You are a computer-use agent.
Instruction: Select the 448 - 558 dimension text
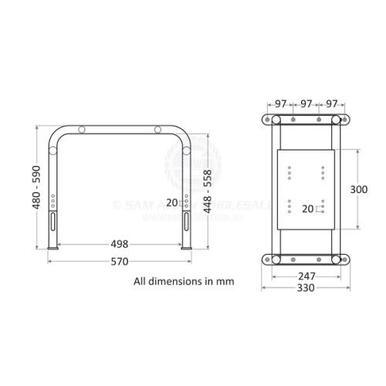tap(207, 191)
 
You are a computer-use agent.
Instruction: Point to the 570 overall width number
tap(119, 261)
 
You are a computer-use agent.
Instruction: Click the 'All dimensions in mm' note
tap(184, 281)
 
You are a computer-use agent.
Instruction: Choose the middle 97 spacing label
tap(306, 103)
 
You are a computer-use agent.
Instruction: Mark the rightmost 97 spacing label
tap(330, 103)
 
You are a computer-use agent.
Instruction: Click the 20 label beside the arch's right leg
tap(171, 202)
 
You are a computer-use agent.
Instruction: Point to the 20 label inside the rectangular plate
tap(308, 208)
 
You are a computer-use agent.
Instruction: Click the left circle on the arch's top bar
tap(83, 130)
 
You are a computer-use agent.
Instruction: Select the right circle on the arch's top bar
tap(157, 130)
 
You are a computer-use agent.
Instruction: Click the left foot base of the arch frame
tap(53, 248)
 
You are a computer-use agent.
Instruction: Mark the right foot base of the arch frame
tap(186, 248)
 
